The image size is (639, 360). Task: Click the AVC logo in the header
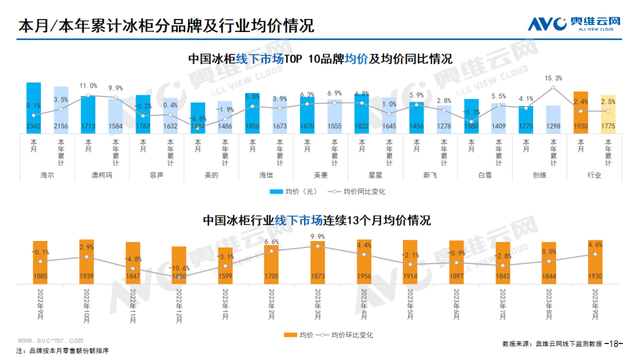pos(573,24)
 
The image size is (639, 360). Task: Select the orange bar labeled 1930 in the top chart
pos(580,112)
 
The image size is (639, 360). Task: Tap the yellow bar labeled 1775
pos(608,114)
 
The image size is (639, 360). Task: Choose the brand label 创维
pos(540,175)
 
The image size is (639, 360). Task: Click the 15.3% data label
pos(553,78)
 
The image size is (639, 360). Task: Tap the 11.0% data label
pos(88,86)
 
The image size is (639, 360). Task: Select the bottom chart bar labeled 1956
pos(364,261)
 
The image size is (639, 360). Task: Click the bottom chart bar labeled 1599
pos(225,265)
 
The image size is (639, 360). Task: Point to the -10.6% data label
pos(179,268)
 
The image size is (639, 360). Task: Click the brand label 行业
pos(594,175)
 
